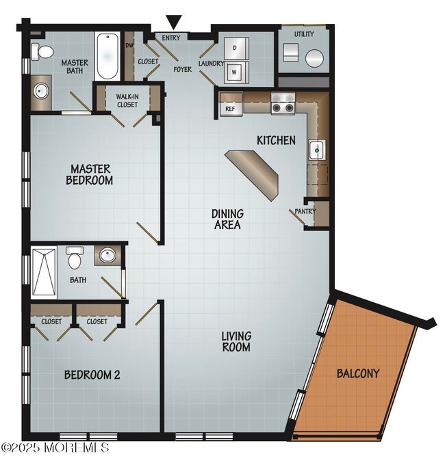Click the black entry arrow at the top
click(175, 22)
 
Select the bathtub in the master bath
click(107, 55)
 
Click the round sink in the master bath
click(39, 92)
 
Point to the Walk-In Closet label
click(127, 100)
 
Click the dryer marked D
click(234, 48)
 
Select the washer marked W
click(234, 70)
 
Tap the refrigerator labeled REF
click(230, 107)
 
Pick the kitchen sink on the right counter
click(316, 150)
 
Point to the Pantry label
click(305, 212)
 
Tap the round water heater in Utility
click(314, 58)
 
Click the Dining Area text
click(227, 219)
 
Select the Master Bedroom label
click(90, 174)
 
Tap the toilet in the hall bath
click(75, 258)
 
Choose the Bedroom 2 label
click(92, 375)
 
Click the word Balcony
click(357, 374)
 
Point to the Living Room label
click(236, 341)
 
